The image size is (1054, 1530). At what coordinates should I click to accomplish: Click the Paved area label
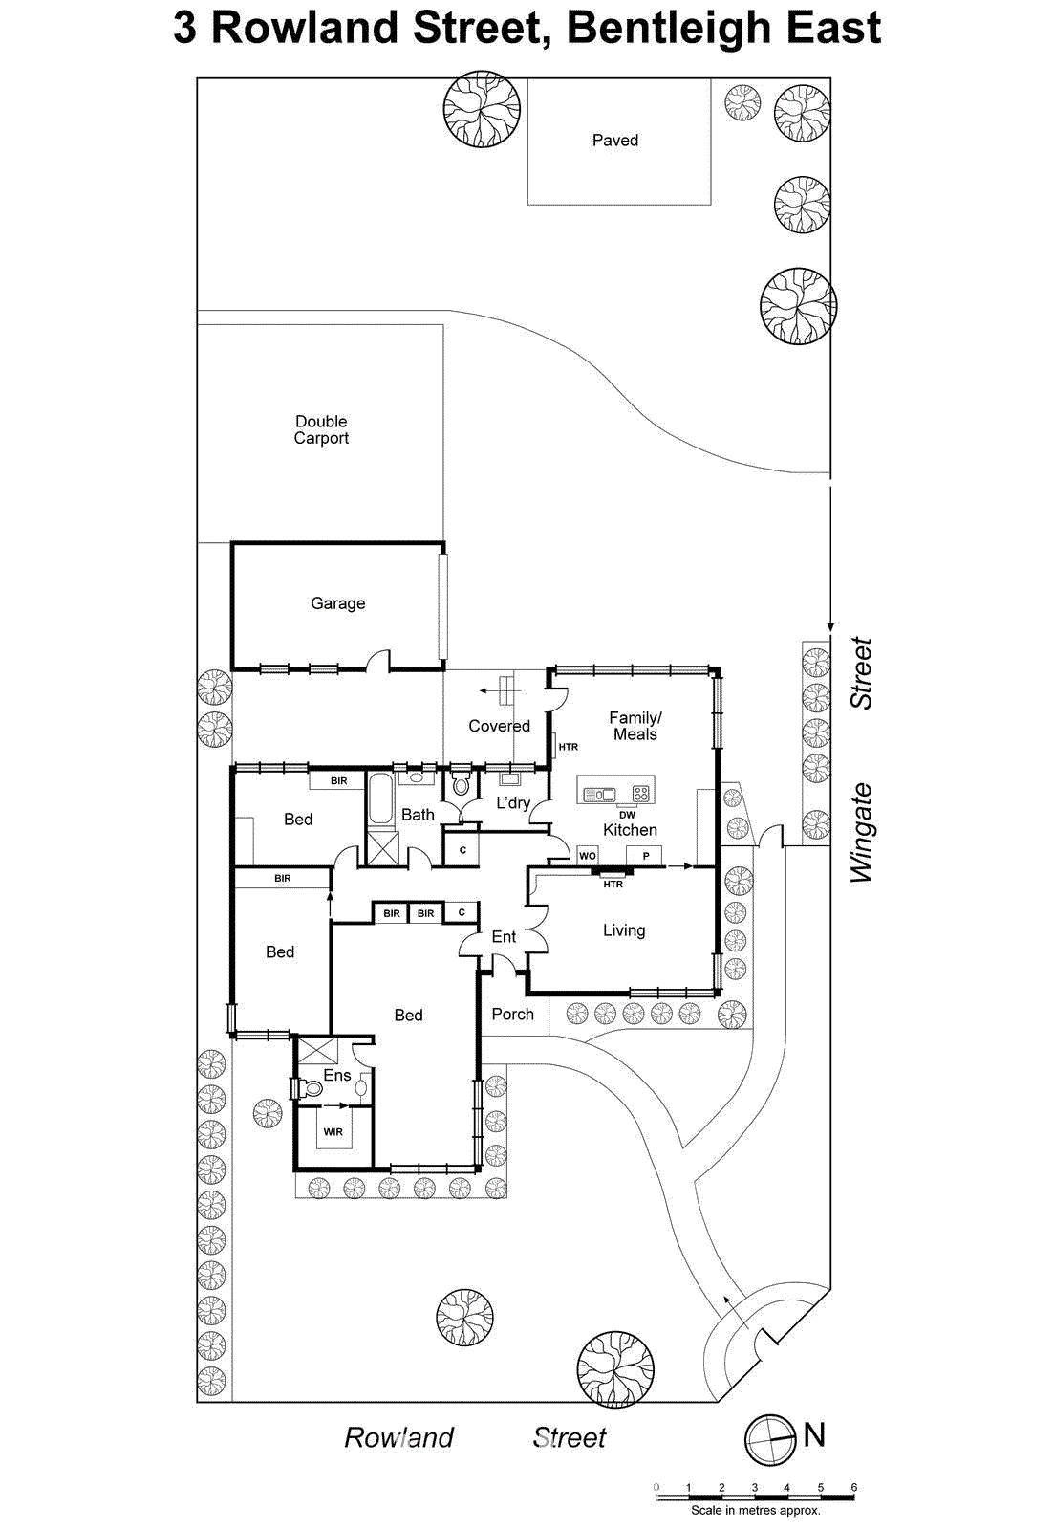point(614,141)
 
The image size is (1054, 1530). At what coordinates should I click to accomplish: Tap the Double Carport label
point(321,429)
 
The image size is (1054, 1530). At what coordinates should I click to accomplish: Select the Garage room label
point(337,603)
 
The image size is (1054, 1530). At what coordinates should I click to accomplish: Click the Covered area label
point(499,726)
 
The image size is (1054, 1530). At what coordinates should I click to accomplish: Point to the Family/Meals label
point(635,726)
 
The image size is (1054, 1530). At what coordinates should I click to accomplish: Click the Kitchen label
point(630,830)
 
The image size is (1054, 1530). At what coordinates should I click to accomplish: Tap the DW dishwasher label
point(627,815)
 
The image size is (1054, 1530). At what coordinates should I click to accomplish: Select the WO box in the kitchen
point(588,856)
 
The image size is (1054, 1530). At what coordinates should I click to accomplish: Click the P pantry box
point(646,856)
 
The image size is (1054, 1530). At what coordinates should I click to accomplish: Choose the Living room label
point(624,930)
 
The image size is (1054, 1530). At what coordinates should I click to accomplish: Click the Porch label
point(512,1015)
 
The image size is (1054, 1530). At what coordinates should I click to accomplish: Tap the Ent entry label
point(504,937)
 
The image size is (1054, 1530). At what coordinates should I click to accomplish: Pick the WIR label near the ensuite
point(333,1132)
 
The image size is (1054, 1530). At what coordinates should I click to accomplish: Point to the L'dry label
point(513,803)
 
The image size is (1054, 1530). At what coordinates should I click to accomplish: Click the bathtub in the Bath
point(380,799)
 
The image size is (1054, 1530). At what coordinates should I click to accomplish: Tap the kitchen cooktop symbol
point(640,793)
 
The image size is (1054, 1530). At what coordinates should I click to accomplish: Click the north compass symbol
point(770,1439)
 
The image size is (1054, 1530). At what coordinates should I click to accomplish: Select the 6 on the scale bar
point(853,1487)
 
